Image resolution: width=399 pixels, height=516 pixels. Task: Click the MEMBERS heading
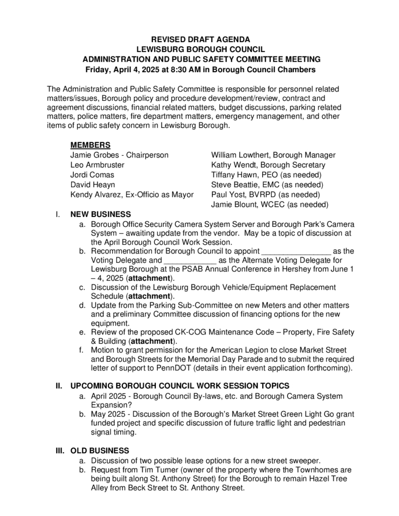click(x=90, y=145)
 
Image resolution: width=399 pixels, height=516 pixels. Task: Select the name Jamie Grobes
click(x=92, y=155)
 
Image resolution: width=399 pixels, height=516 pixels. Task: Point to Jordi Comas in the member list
click(x=92, y=175)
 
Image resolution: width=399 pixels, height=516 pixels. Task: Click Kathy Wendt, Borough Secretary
click(x=233, y=165)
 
